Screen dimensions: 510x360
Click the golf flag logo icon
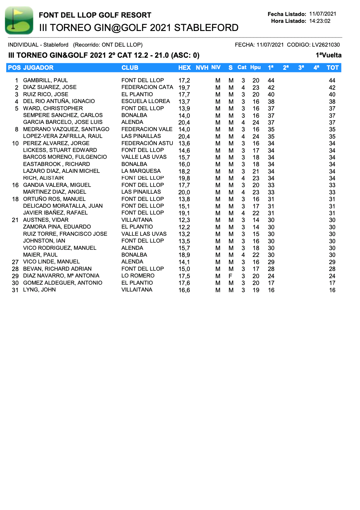19,21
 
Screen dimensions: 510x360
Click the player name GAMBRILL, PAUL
45,80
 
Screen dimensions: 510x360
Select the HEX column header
184,67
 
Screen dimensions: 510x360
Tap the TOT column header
332,67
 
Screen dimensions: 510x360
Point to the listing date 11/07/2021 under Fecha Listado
322,14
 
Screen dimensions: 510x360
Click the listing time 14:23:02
320,21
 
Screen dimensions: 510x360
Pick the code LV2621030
325,45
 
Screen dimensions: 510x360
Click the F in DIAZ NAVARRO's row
231,276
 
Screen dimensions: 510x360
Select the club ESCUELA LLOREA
145,101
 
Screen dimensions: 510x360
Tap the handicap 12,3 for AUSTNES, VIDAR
184,220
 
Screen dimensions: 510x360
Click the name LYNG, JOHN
39,290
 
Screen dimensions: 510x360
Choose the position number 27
15,262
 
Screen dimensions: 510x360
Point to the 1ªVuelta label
328,55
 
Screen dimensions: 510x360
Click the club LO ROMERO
138,276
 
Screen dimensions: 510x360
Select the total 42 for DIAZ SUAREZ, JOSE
332,87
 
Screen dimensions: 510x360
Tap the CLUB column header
130,67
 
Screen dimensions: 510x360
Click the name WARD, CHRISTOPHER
53,108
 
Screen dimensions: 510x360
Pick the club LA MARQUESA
141,171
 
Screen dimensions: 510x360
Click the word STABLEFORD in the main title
206,28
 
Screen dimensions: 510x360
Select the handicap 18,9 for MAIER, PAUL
184,255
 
